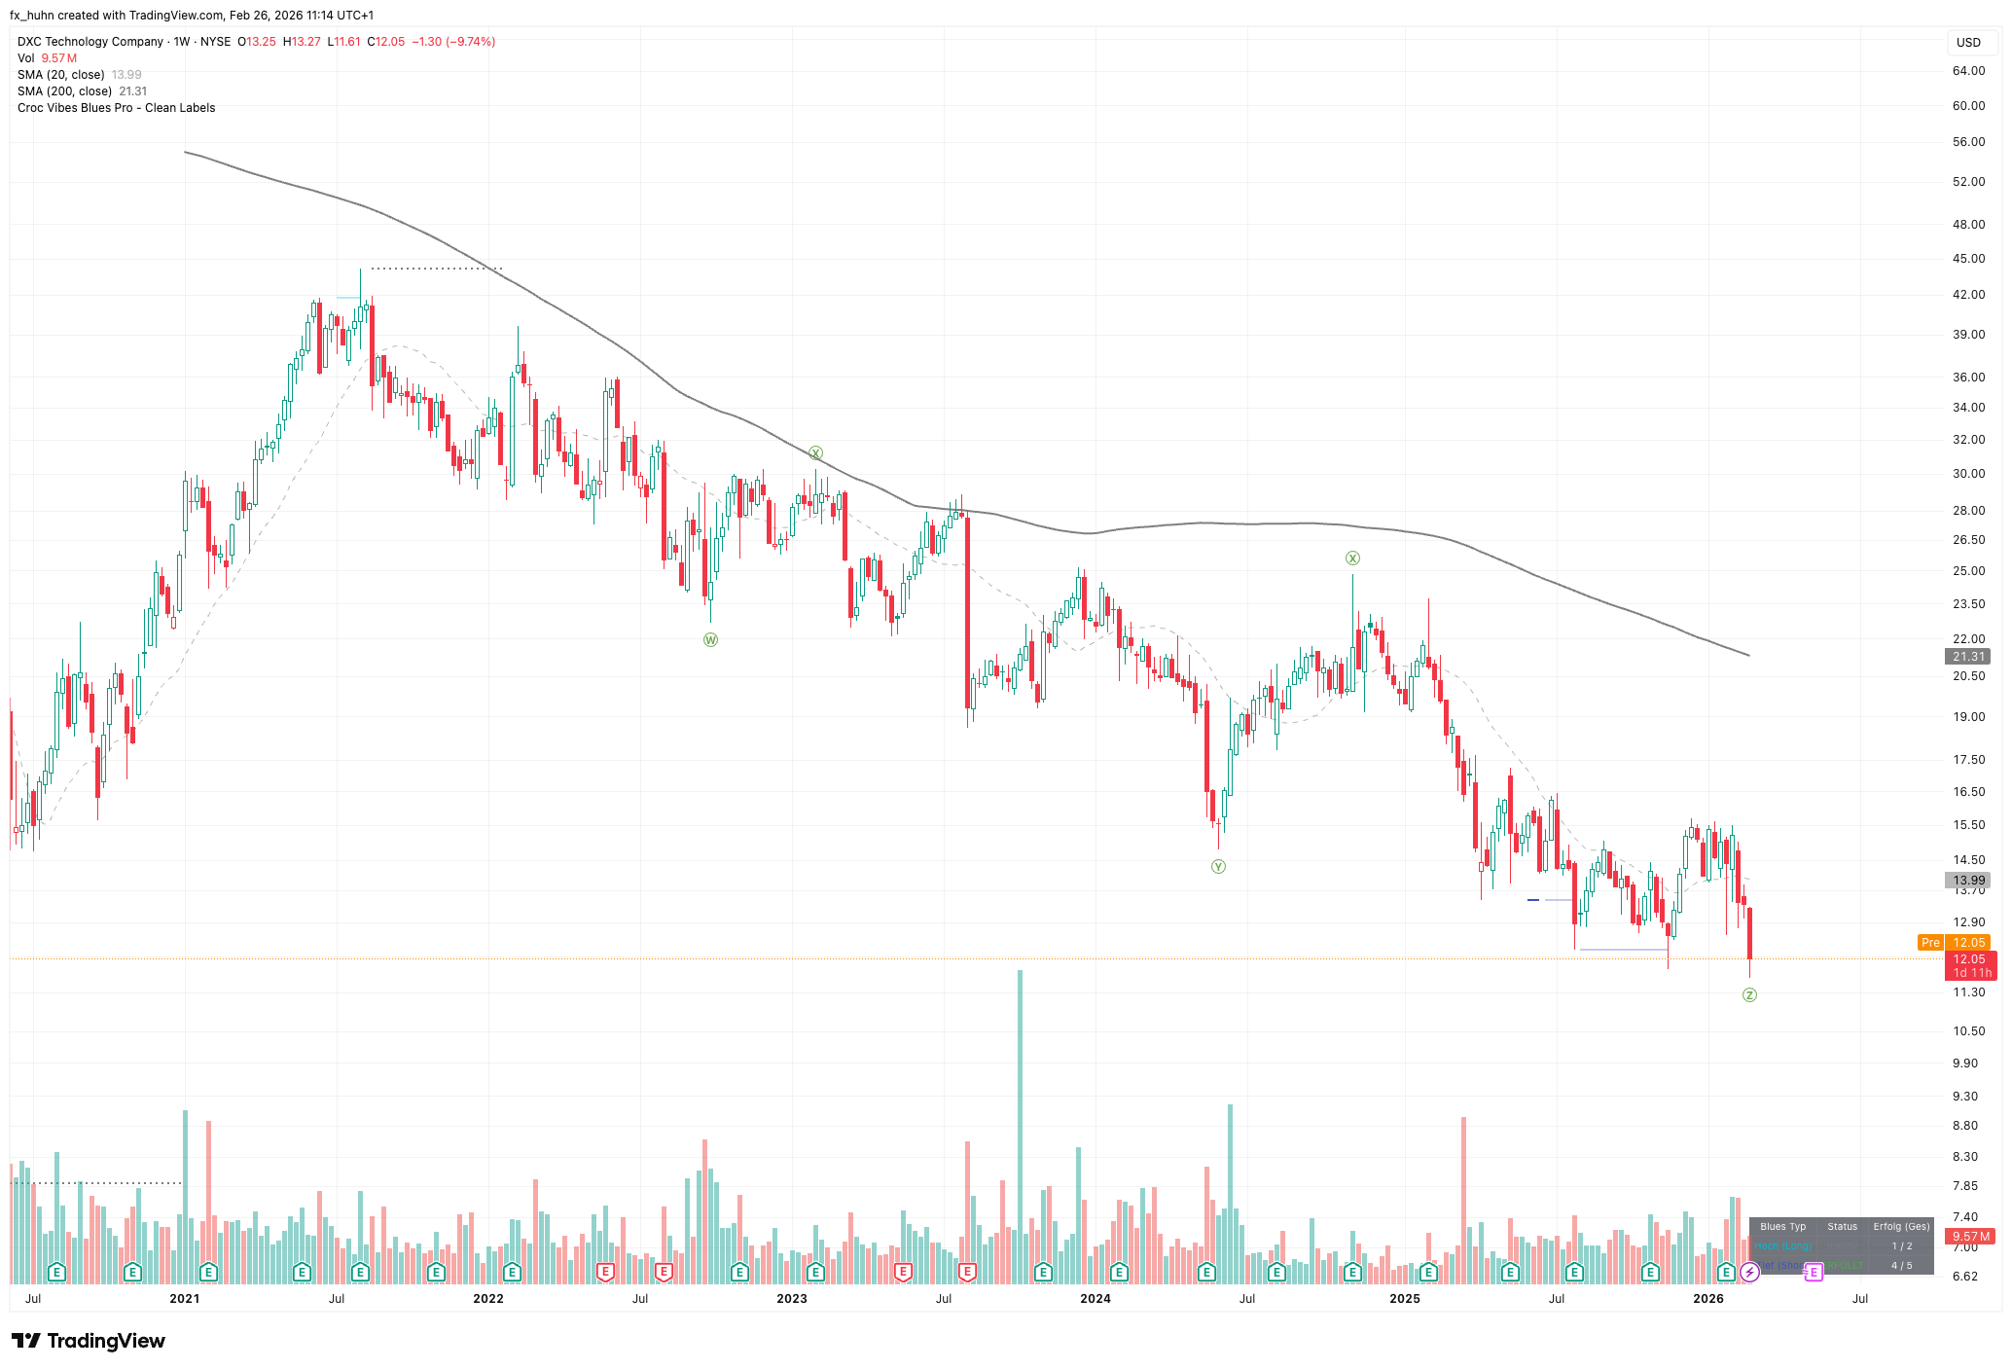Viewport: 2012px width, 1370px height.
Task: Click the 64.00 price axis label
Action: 1968,71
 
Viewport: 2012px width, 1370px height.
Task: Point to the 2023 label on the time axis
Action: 791,1298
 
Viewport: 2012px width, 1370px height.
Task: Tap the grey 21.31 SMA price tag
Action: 1967,657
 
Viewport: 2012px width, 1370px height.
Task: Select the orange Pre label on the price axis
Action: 1929,943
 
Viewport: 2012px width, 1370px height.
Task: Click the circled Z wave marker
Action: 1749,994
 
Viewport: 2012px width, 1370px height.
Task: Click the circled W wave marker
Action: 710,639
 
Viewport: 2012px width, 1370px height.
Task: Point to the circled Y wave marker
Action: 1218,866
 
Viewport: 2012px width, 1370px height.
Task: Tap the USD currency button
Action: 1968,43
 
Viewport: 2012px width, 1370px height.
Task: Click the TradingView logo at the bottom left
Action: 89,1341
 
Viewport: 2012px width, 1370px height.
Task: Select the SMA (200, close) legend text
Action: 64,91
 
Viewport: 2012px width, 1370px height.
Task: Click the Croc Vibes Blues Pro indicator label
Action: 116,108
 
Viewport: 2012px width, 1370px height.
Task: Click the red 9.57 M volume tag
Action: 1969,1237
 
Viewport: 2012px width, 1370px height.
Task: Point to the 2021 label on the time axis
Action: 184,1298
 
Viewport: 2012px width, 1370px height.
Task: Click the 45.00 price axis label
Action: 1968,259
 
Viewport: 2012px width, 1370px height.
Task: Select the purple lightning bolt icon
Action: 1749,1272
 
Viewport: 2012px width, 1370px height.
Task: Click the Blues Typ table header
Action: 1782,1227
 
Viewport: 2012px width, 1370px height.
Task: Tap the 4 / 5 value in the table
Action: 1901,1266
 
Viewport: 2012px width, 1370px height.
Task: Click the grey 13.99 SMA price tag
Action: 1969,880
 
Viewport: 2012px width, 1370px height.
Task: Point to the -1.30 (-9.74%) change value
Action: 453,42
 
